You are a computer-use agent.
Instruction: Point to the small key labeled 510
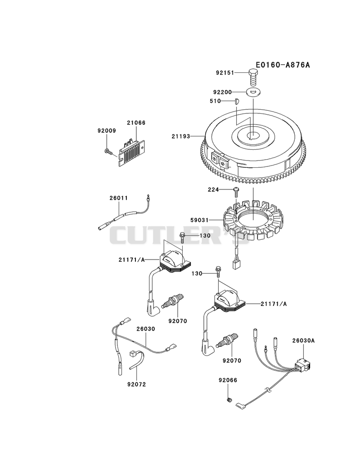click(x=236, y=101)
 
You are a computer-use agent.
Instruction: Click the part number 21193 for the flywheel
click(x=181, y=136)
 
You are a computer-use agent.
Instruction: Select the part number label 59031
click(x=199, y=220)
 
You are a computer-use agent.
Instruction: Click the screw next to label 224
click(x=236, y=192)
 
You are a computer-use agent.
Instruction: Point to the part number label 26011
click(x=118, y=198)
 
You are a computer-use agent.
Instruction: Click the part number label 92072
click(x=136, y=384)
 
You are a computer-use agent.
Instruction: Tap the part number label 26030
click(x=146, y=329)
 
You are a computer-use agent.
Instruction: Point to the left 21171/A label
click(x=131, y=260)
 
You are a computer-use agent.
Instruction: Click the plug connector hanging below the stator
click(x=235, y=264)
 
